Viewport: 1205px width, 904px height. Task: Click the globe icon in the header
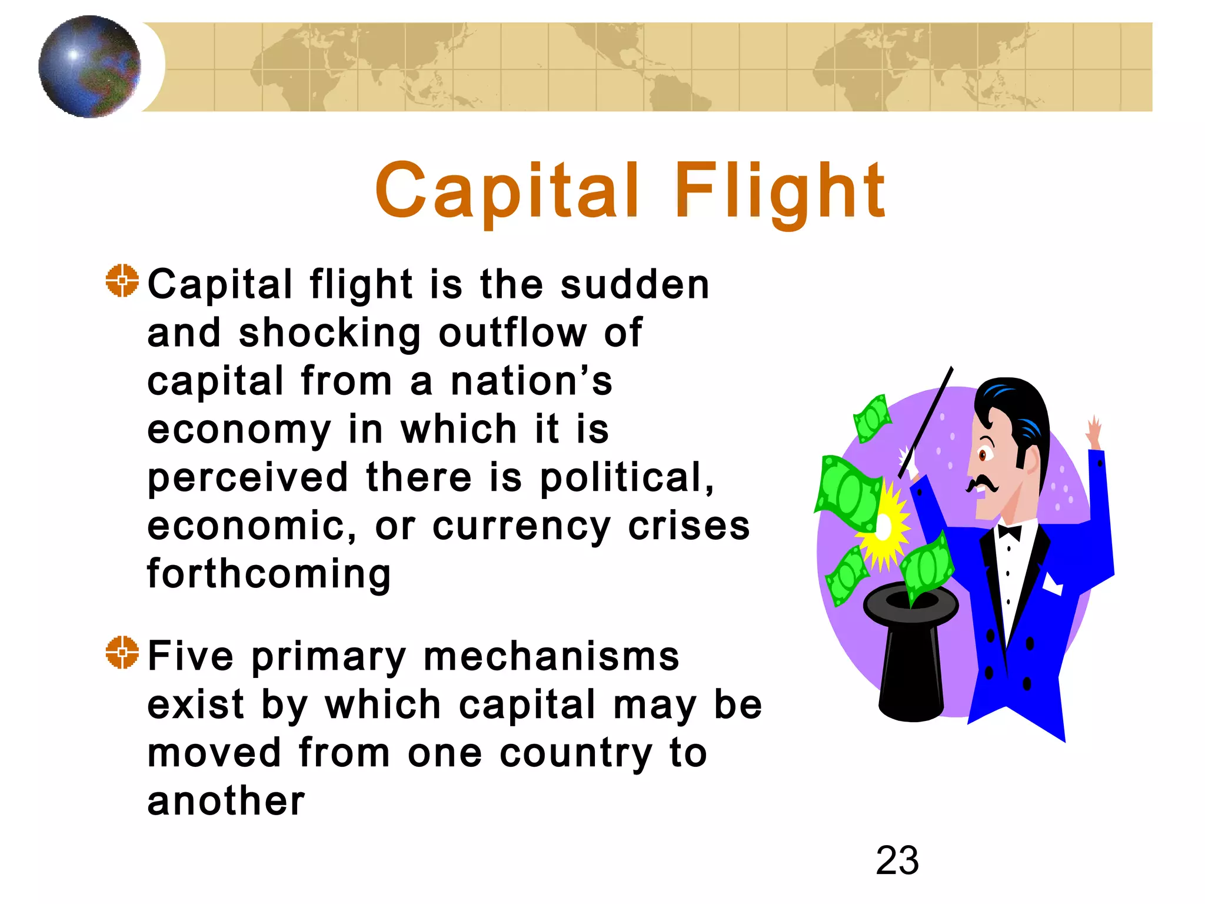[x=89, y=67]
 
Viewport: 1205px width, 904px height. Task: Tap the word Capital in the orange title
[x=507, y=191]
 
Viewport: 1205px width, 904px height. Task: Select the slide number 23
[x=897, y=860]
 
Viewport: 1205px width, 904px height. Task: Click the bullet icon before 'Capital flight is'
[x=122, y=281]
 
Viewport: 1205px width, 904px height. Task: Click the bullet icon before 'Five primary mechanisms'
[x=122, y=652]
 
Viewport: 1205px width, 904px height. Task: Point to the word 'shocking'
[x=330, y=334]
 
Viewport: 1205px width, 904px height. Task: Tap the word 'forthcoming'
[x=269, y=574]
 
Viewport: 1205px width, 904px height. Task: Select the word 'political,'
[x=627, y=477]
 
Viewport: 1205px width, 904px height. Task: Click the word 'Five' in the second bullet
[x=191, y=656]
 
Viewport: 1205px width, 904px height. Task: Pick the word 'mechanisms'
[x=551, y=656]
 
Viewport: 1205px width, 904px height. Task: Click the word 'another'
[x=226, y=801]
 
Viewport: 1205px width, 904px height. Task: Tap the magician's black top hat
[x=910, y=653]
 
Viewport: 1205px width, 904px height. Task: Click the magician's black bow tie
[x=1010, y=532]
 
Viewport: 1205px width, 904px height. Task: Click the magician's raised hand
[x=1094, y=431]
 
